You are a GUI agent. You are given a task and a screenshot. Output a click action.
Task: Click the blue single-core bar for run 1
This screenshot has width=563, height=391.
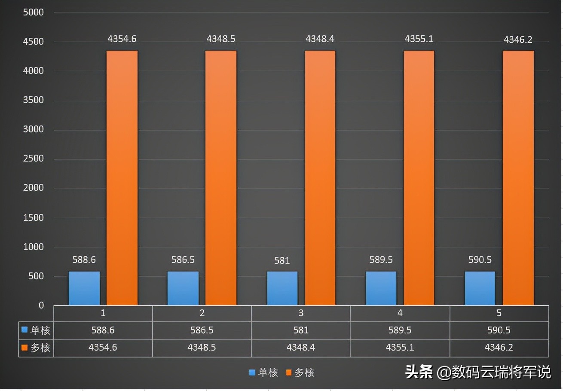pyautogui.click(x=84, y=288)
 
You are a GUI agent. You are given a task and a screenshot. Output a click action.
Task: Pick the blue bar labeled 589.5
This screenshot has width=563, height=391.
pyautogui.click(x=381, y=288)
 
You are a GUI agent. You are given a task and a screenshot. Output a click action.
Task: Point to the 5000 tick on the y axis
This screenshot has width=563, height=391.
pyautogui.click(x=34, y=12)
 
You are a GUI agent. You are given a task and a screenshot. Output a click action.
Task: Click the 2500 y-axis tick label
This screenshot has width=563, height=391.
pyautogui.click(x=34, y=159)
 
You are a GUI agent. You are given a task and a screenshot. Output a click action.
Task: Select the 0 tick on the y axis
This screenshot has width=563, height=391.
pyautogui.click(x=41, y=305)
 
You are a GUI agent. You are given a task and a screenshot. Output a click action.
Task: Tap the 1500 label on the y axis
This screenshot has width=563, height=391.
pyautogui.click(x=34, y=217)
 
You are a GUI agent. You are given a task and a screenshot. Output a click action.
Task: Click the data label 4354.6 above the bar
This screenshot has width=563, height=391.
pyautogui.click(x=122, y=39)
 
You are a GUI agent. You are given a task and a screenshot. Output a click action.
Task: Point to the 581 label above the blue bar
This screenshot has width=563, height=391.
pyautogui.click(x=282, y=260)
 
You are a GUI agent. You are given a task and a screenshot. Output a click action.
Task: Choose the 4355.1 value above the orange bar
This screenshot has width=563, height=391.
pyautogui.click(x=419, y=39)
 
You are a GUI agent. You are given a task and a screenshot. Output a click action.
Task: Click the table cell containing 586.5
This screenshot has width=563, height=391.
pyautogui.click(x=202, y=330)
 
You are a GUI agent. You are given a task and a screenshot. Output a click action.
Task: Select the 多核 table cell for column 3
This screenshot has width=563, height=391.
pyautogui.click(x=301, y=347)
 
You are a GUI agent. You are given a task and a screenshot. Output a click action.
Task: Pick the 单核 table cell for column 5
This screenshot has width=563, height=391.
pyautogui.click(x=499, y=330)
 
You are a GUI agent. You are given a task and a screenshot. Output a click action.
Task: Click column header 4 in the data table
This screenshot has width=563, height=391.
pyautogui.click(x=400, y=313)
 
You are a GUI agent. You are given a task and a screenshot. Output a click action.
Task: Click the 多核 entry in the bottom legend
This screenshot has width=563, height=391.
pyautogui.click(x=304, y=373)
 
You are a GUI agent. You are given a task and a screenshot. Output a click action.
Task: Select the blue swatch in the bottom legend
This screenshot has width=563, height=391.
pyautogui.click(x=252, y=373)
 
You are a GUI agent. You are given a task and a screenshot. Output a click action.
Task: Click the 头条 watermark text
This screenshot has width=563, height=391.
pyautogui.click(x=419, y=372)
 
